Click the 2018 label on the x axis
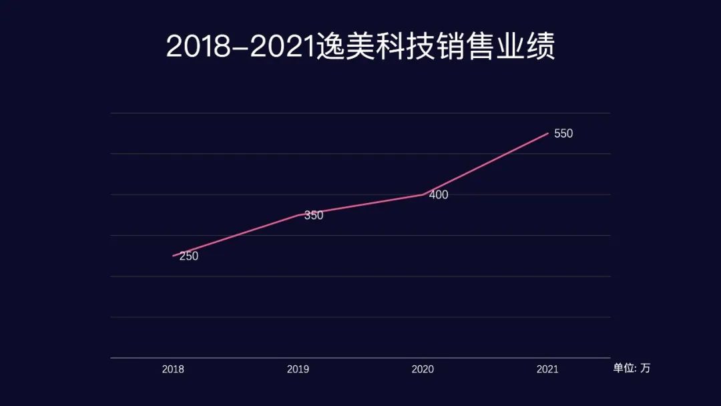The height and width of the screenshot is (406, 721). pyautogui.click(x=173, y=369)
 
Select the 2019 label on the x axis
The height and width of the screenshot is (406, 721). pyautogui.click(x=298, y=369)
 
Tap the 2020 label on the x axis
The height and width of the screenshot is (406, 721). pyautogui.click(x=423, y=369)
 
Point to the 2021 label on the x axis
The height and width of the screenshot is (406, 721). pyautogui.click(x=547, y=369)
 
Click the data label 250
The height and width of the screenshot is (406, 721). pyautogui.click(x=189, y=256)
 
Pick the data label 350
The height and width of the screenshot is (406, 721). pyautogui.click(x=314, y=216)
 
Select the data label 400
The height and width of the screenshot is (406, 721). pyautogui.click(x=439, y=195)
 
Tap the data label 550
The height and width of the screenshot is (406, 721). pyautogui.click(x=563, y=134)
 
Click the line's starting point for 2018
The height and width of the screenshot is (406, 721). pyautogui.click(x=174, y=256)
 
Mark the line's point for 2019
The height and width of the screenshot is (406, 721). pyautogui.click(x=298, y=215)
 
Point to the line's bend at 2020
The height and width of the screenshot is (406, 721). pyautogui.click(x=423, y=194)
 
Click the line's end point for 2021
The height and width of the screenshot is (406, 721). pyautogui.click(x=548, y=134)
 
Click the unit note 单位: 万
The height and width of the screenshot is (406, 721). pyautogui.click(x=631, y=368)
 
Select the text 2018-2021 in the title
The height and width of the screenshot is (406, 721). pyautogui.click(x=240, y=47)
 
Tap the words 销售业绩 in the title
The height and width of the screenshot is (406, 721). pyautogui.click(x=496, y=47)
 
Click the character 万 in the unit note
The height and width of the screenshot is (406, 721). pyautogui.click(x=645, y=368)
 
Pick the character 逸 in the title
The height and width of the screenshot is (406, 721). pyautogui.click(x=330, y=47)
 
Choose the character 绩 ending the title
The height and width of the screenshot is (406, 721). pyautogui.click(x=541, y=47)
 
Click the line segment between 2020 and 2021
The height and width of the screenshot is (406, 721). pyautogui.click(x=485, y=164)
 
